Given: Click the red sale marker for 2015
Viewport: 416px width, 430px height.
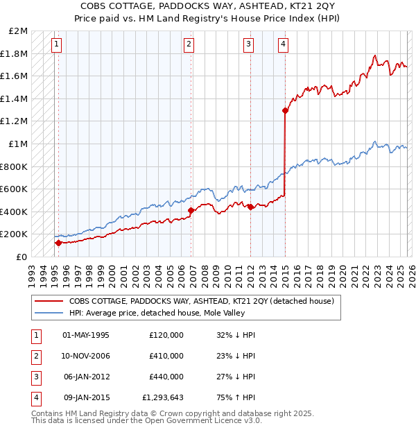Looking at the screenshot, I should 285,110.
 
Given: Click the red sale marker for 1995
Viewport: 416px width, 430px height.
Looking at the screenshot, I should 58,243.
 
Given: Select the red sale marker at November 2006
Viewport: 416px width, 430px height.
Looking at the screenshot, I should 191,210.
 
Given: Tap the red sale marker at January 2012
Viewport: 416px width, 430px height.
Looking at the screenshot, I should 250,207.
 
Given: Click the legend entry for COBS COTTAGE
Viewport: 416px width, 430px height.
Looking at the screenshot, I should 201,301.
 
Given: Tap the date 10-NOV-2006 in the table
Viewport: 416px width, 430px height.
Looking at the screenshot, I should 86,356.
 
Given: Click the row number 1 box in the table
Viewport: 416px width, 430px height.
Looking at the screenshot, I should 35,335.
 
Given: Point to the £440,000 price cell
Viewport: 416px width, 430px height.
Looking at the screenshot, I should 166,377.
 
